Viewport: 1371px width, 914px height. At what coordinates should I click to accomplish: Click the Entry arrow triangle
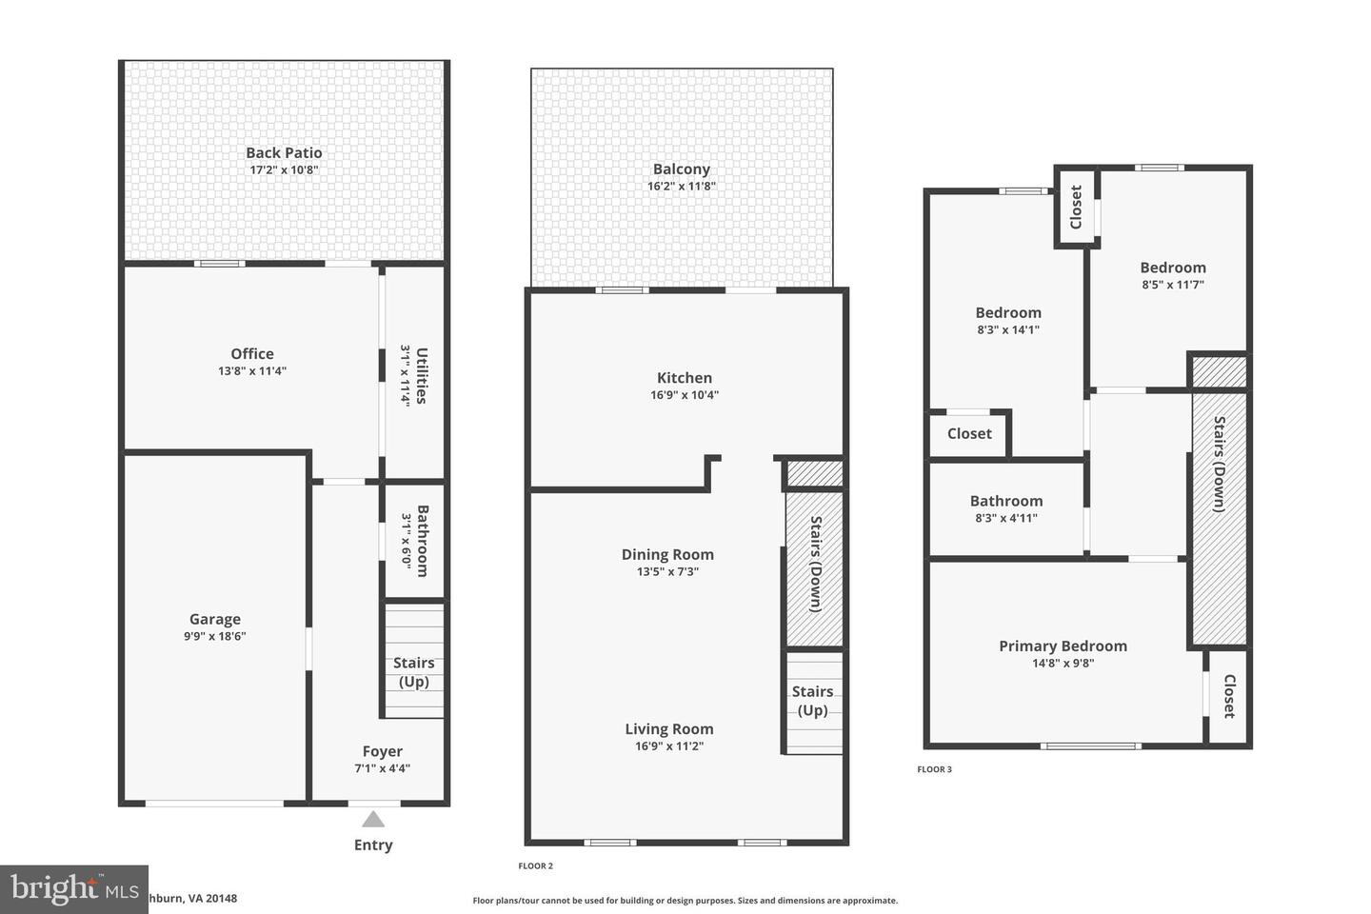373,819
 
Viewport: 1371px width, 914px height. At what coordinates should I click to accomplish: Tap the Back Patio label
284,152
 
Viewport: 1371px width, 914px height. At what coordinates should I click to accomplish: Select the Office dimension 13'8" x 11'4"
251,371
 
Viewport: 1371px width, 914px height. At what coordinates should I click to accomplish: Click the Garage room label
214,619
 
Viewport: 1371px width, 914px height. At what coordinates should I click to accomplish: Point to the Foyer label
382,751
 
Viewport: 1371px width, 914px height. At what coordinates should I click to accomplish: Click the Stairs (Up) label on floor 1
413,672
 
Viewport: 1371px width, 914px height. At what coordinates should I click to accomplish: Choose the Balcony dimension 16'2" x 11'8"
682,187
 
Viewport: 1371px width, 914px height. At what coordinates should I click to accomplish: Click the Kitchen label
684,378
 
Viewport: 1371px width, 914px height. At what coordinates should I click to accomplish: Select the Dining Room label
667,554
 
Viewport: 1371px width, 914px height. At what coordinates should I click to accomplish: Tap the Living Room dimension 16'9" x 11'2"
668,746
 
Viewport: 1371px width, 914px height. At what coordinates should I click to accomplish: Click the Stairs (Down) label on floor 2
816,564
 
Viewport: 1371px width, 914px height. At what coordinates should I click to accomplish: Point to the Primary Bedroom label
1063,646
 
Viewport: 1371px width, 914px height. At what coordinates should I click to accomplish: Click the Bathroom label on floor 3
1006,501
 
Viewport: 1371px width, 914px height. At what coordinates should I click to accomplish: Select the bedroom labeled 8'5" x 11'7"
1173,268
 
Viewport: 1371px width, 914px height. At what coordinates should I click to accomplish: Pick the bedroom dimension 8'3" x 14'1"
1008,330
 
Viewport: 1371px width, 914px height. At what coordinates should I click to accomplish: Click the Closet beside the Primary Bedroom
1229,696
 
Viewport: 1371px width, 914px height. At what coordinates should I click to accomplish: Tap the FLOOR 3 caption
934,769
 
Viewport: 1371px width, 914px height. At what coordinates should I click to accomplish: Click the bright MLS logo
73,889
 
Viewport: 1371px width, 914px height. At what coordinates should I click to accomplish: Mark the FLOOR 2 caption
535,865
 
